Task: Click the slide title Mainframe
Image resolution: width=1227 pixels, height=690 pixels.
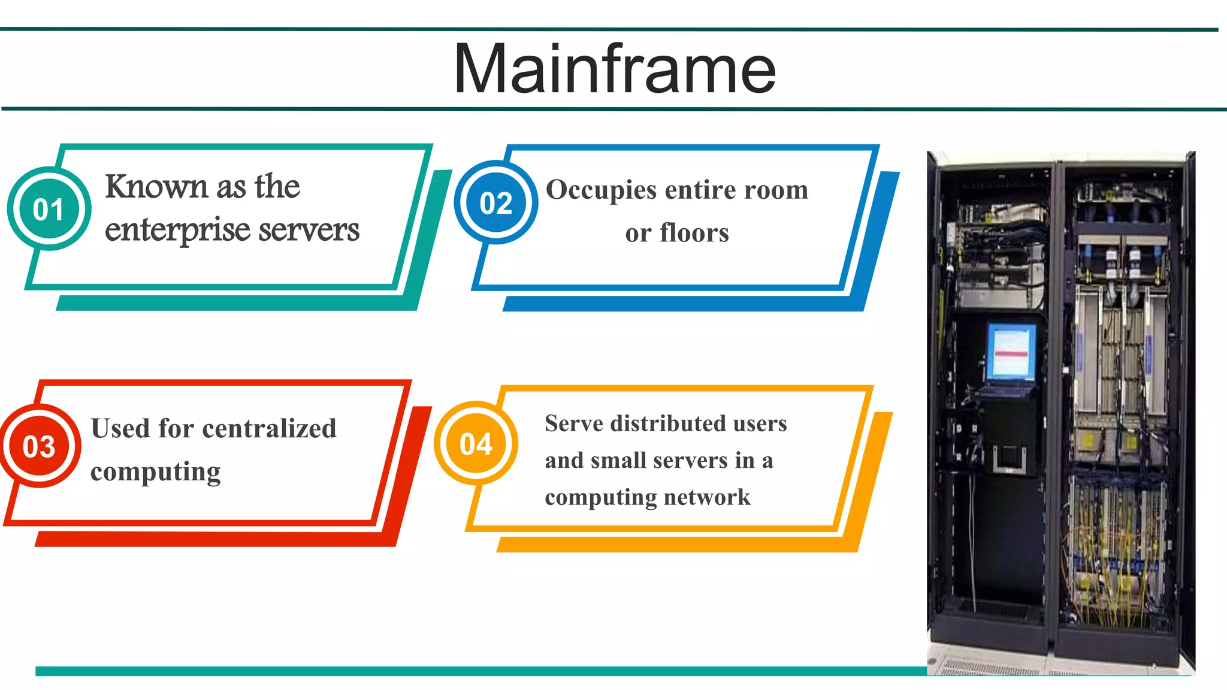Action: point(615,69)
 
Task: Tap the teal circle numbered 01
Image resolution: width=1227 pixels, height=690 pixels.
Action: point(49,209)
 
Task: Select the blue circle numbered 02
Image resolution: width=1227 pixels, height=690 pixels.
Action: point(495,203)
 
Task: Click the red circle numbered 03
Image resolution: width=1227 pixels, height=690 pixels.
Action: point(39,446)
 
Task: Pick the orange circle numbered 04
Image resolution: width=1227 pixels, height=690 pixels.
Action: point(476,444)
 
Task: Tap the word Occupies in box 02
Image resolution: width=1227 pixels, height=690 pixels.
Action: point(602,190)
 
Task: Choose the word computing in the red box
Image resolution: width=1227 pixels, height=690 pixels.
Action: point(155,472)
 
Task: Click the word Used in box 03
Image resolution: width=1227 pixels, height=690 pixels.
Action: point(120,428)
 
